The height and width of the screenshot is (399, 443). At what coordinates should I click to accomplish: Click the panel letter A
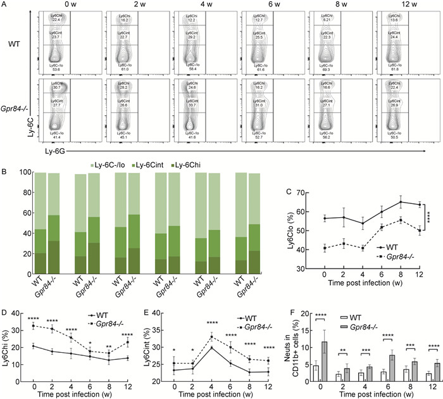(x=6, y=6)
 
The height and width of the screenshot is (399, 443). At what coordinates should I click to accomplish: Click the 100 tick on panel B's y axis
(x=22, y=172)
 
